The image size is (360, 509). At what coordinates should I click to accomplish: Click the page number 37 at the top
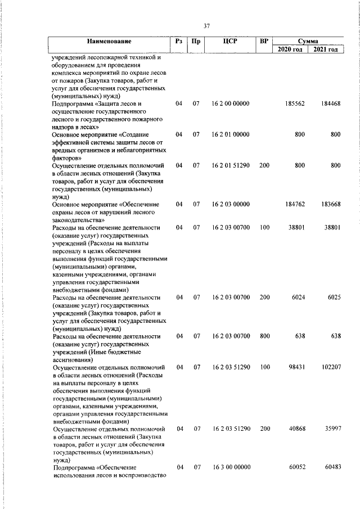206,26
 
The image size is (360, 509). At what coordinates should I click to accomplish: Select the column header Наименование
109,42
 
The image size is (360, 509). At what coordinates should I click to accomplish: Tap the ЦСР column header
230,42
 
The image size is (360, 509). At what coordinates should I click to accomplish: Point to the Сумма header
308,42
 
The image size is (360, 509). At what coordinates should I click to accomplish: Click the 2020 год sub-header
290,50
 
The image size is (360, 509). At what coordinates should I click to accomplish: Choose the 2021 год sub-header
326,50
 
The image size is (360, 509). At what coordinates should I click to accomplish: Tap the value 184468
330,105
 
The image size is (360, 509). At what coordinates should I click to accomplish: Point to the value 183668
330,204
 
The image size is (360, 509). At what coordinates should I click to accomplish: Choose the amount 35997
330,429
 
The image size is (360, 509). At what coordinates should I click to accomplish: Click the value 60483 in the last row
330,467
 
